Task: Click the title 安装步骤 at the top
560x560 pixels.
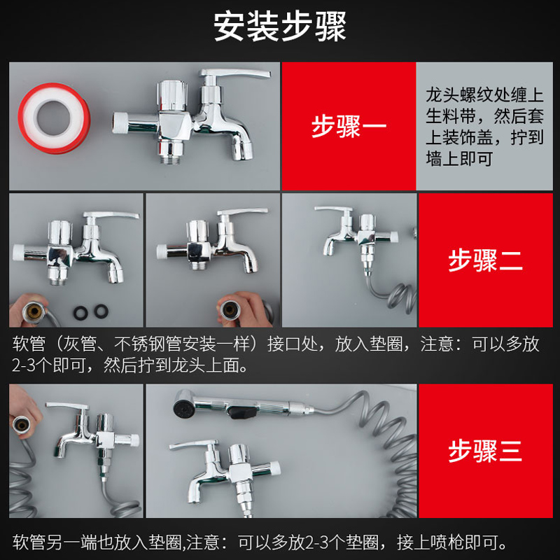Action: [x=279, y=27]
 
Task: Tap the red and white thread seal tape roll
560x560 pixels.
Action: [x=55, y=118]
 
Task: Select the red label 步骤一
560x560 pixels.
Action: [x=349, y=126]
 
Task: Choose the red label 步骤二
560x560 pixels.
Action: [x=485, y=260]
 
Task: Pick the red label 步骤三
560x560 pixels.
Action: [x=485, y=451]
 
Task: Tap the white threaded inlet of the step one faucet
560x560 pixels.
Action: [x=120, y=123]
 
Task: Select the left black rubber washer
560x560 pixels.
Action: [x=80, y=312]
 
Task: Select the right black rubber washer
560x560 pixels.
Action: [x=101, y=311]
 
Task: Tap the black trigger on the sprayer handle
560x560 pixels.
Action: [x=243, y=412]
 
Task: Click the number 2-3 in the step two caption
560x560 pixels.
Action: [x=24, y=365]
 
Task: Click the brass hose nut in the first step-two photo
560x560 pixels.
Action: [x=34, y=311]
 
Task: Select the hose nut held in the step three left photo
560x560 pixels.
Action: [x=21, y=425]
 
